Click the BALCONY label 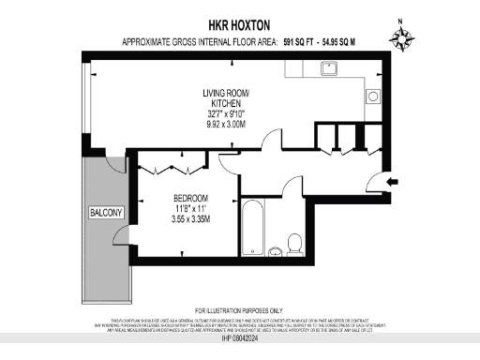pyautogui.click(x=106, y=213)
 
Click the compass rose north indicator pyautogui.click(x=403, y=38)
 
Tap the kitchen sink pyautogui.click(x=330, y=68)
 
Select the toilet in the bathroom pyautogui.click(x=294, y=243)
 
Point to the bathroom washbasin pyautogui.click(x=275, y=250)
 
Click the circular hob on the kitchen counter pyautogui.click(x=373, y=96)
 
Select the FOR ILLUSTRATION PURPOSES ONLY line pyautogui.click(x=238, y=310)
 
